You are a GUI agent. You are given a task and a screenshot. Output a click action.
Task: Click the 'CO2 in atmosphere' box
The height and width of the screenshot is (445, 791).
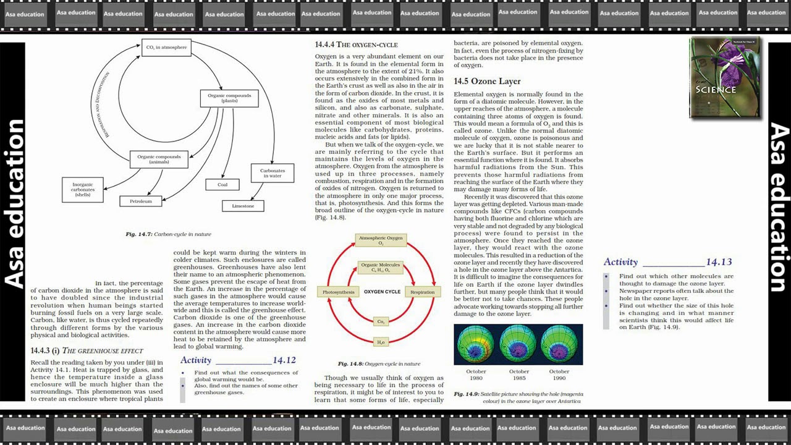point(166,48)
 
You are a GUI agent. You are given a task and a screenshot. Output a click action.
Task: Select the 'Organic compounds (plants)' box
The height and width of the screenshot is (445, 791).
point(229,98)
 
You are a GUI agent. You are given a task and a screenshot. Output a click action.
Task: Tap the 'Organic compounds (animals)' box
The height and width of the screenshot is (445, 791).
point(159,159)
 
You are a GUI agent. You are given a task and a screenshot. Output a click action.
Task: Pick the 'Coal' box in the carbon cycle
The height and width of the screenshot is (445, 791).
point(222,184)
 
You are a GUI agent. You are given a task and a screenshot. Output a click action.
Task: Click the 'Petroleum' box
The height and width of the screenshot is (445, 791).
point(141,201)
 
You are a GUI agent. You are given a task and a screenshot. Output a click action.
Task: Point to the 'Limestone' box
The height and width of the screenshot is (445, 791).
point(243,206)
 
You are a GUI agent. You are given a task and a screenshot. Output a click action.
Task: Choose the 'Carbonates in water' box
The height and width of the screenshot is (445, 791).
point(273,173)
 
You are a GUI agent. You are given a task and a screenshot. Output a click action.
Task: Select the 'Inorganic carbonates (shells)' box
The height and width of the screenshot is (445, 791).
point(83,189)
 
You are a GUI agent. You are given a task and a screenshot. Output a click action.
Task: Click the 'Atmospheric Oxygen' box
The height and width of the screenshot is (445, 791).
point(381,240)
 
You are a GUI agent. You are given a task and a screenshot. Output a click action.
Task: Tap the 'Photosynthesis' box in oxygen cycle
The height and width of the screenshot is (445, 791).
point(339,292)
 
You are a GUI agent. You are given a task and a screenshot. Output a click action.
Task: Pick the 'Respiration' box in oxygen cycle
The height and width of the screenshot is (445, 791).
point(422,292)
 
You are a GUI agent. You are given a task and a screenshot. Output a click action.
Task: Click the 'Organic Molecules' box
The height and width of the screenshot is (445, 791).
point(381,267)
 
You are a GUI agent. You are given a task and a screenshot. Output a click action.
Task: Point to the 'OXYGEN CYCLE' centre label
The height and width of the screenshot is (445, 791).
point(382,292)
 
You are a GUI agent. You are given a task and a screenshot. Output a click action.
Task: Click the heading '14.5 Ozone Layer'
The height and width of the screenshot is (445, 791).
point(487,82)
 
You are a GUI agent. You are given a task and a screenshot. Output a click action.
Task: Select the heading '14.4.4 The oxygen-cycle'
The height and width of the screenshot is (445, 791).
point(356,44)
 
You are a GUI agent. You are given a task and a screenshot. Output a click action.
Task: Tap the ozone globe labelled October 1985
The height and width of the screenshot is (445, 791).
point(518,345)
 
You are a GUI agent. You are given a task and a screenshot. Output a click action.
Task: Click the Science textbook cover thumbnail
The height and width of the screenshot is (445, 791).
point(725,77)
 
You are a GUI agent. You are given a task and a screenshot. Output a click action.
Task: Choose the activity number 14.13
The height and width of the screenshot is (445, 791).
point(719,262)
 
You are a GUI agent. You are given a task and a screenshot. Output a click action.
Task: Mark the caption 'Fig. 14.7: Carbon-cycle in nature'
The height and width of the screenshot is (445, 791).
point(168,234)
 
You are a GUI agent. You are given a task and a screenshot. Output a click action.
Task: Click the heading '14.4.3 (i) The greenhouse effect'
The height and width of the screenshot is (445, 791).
point(87,351)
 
